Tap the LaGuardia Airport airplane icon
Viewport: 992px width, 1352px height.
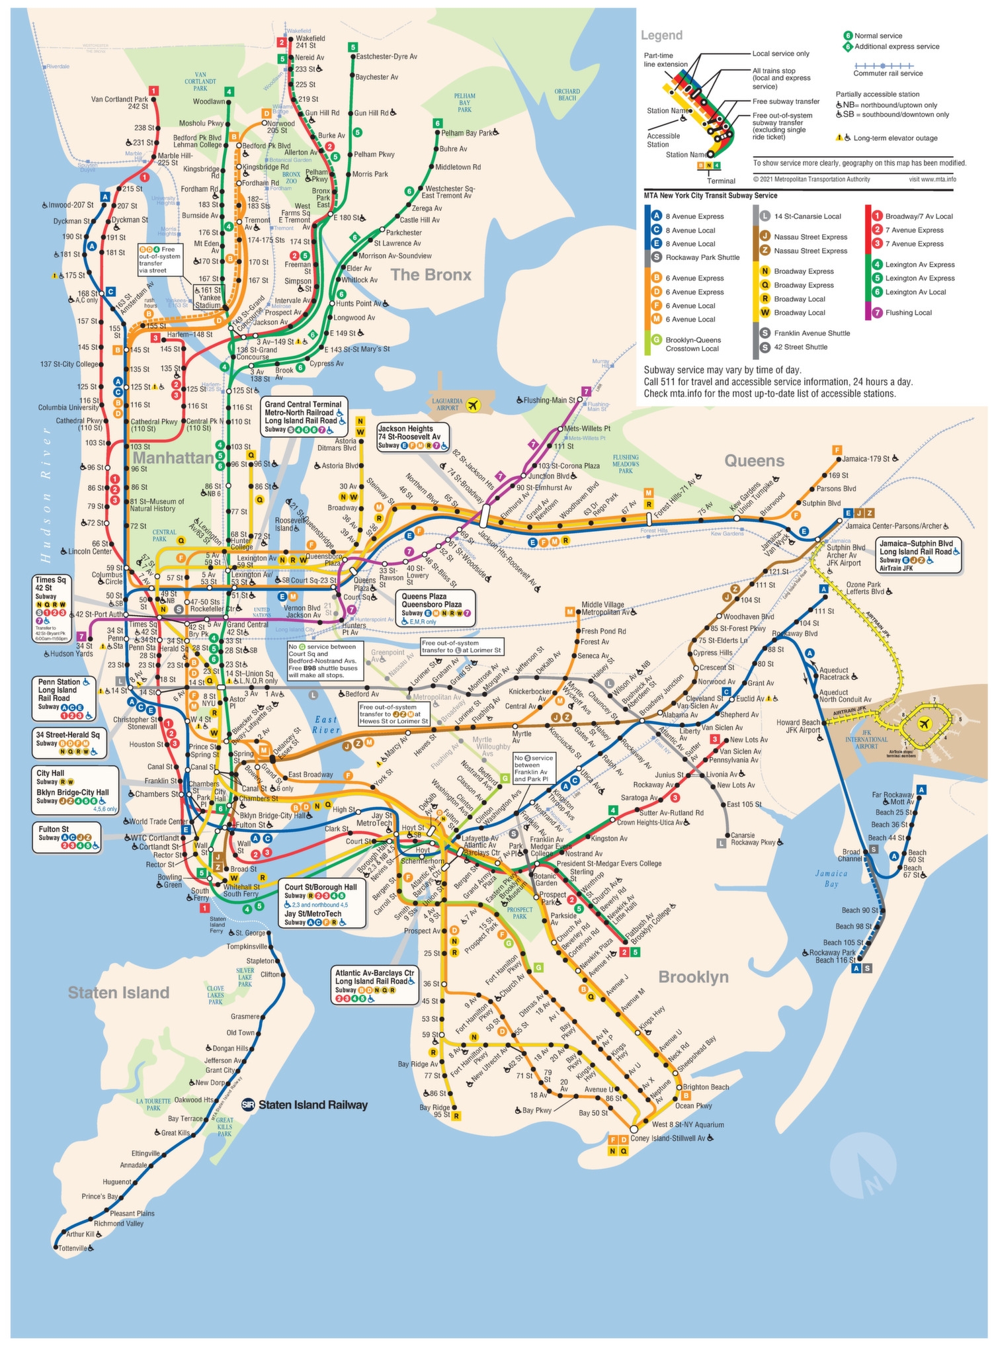[472, 405]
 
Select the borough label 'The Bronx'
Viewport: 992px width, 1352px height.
[431, 275]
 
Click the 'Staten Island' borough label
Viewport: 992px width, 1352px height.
[119, 992]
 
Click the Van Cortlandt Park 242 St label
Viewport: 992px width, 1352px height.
[120, 103]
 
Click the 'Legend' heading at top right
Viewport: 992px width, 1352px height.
[661, 35]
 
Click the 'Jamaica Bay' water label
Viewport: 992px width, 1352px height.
[831, 878]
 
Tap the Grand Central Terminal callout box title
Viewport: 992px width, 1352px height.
[303, 404]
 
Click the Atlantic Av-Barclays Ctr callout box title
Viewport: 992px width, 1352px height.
[374, 973]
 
